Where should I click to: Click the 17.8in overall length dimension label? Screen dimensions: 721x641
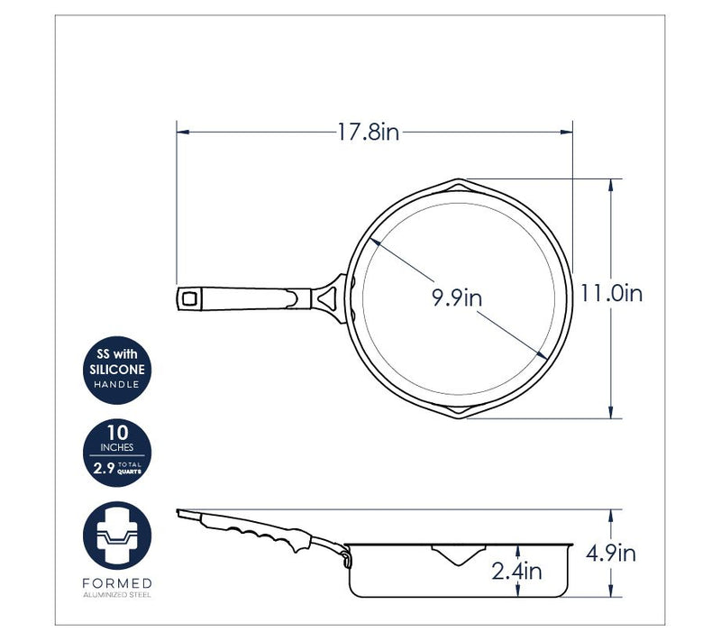pyautogui.click(x=369, y=133)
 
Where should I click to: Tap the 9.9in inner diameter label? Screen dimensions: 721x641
pyautogui.click(x=457, y=298)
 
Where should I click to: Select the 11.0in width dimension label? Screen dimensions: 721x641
pyautogui.click(x=611, y=293)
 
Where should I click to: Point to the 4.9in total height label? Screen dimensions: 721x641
pyautogui.click(x=611, y=553)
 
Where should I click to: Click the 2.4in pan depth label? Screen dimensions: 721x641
pyautogui.click(x=516, y=571)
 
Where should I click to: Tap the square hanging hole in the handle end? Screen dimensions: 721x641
pyautogui.click(x=189, y=299)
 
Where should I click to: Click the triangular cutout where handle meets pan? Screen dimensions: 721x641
pyautogui.click(x=327, y=298)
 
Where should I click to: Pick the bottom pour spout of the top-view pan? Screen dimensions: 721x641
pyautogui.click(x=458, y=411)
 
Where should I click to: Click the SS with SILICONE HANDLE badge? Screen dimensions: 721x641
pyautogui.click(x=117, y=371)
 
